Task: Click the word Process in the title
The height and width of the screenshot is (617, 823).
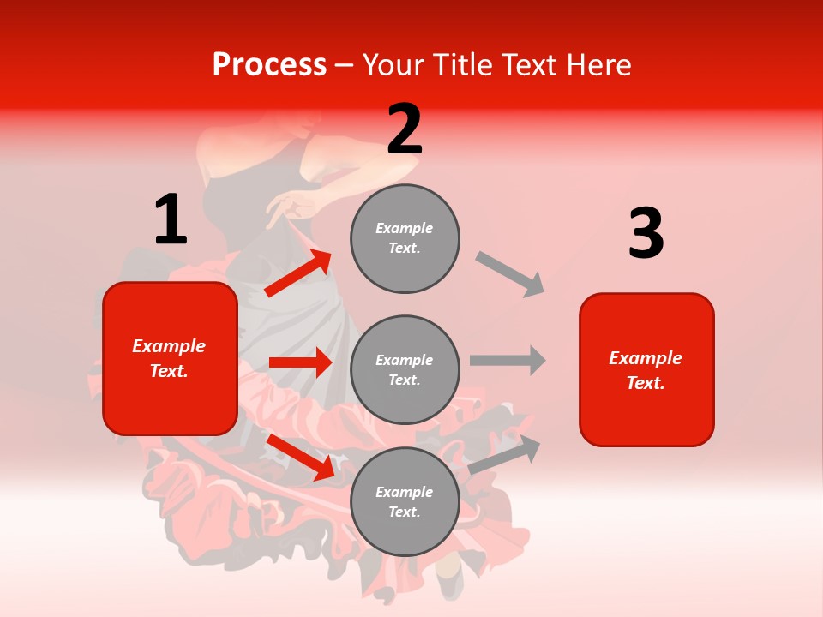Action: pyautogui.click(x=269, y=65)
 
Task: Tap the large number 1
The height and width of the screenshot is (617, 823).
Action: pyautogui.click(x=171, y=219)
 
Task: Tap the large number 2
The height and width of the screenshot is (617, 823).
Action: pyautogui.click(x=405, y=129)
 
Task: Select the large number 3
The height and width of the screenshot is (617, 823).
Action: pyautogui.click(x=646, y=233)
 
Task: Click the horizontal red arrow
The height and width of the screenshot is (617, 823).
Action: pyautogui.click(x=300, y=362)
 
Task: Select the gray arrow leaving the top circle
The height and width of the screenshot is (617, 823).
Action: pyautogui.click(x=510, y=274)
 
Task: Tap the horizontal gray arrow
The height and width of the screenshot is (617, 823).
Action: pyautogui.click(x=508, y=360)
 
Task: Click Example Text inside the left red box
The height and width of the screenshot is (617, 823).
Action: pyautogui.click(x=169, y=358)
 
